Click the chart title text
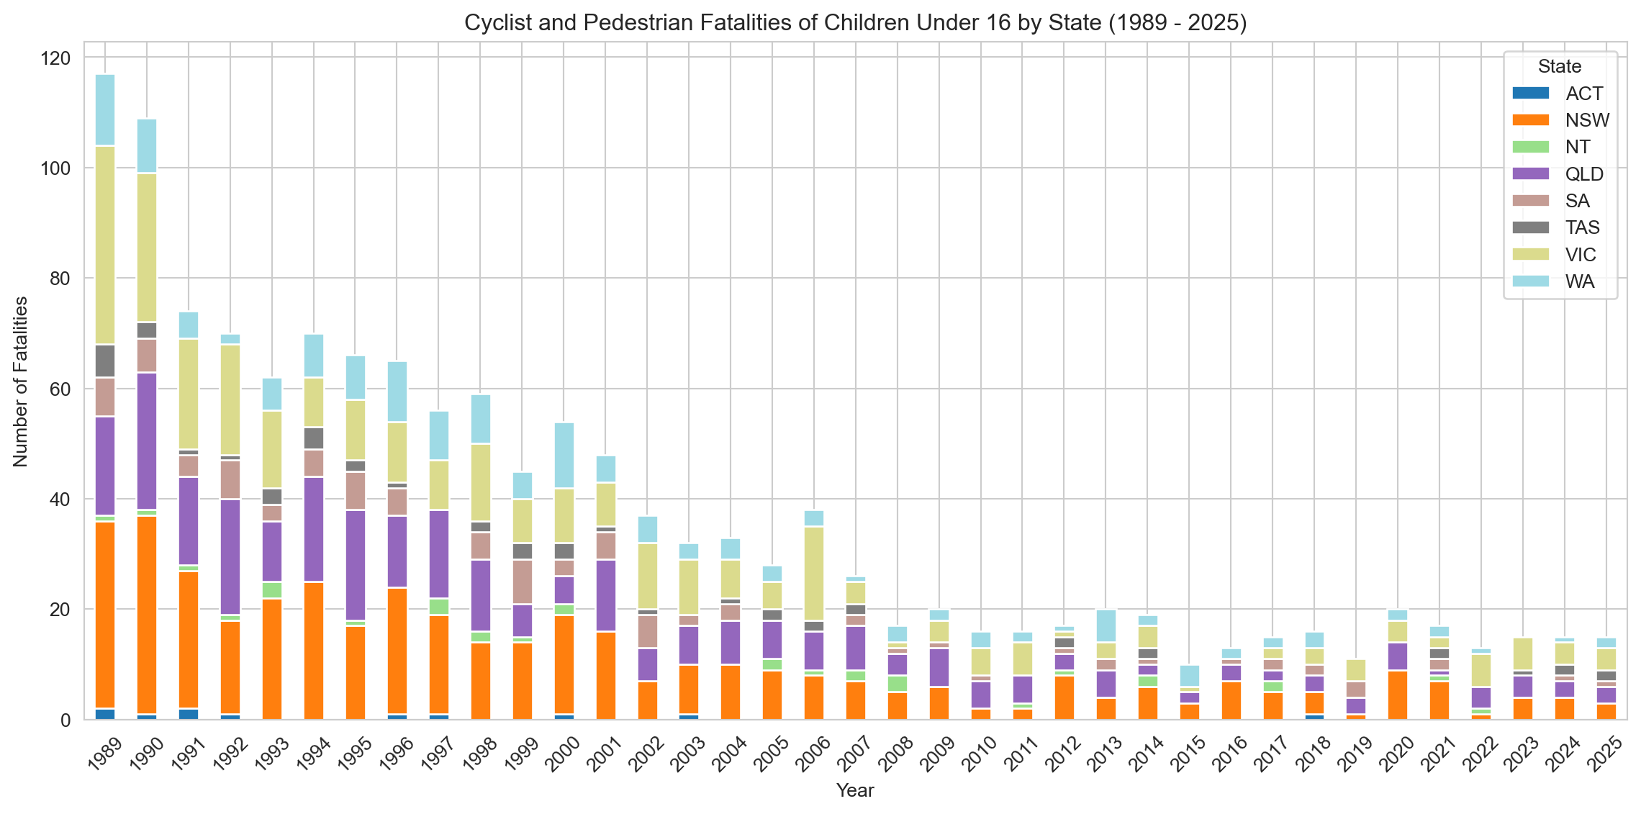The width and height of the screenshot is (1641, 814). (x=855, y=23)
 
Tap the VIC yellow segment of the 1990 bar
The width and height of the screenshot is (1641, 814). (x=147, y=247)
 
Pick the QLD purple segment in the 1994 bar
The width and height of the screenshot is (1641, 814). (x=314, y=530)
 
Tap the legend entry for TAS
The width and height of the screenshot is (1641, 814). (x=1582, y=227)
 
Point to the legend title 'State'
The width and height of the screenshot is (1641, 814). (x=1560, y=66)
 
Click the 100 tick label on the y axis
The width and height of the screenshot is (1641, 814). (x=57, y=168)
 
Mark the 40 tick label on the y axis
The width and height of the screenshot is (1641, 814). (x=63, y=499)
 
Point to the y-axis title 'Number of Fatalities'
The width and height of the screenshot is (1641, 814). (x=21, y=381)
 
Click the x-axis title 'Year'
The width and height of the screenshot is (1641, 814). (x=855, y=790)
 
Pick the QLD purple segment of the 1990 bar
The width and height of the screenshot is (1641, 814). (x=147, y=442)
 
